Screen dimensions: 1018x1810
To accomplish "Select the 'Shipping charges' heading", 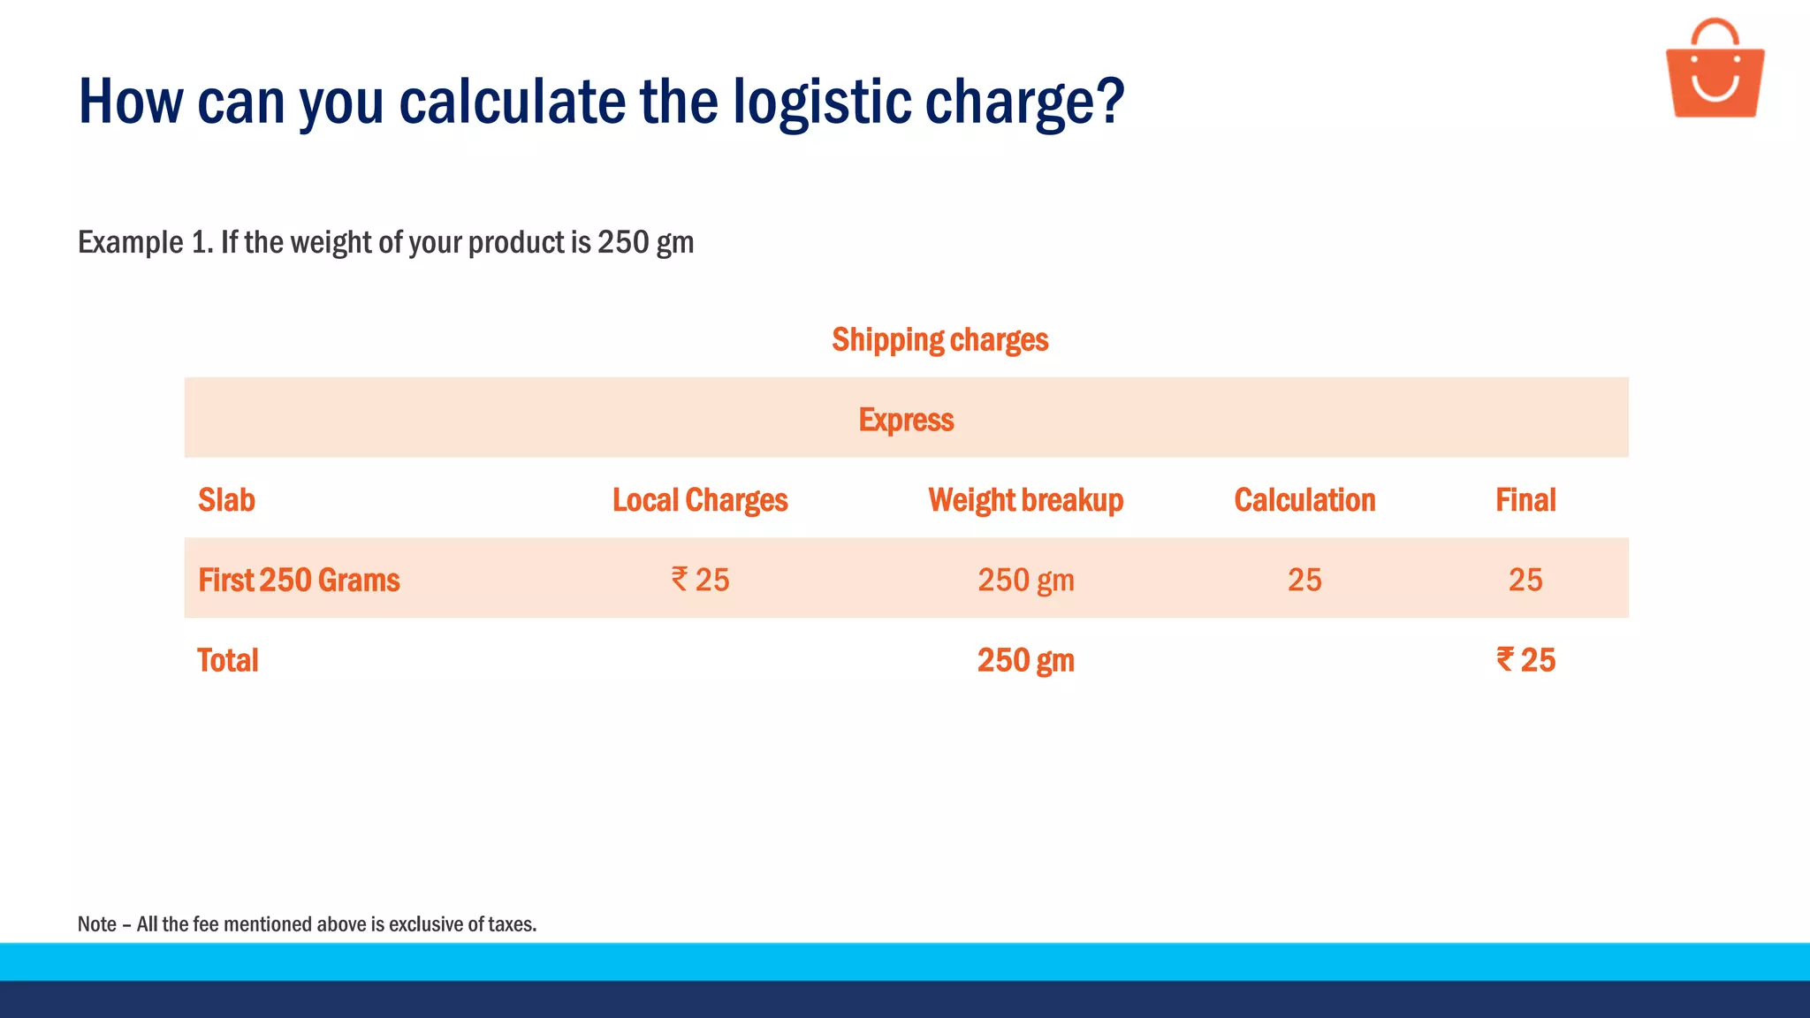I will tap(939, 340).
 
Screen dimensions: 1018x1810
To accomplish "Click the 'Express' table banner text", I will tap(906, 420).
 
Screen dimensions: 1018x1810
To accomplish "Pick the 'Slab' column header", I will tap(226, 500).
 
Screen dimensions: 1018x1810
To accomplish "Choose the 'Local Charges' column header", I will tap(700, 500).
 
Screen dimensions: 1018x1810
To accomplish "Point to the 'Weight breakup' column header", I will tap(1025, 500).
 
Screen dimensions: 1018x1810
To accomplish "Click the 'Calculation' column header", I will tap(1304, 500).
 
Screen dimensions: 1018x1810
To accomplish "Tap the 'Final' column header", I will tap(1525, 500).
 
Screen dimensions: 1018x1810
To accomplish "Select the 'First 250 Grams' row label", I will tap(299, 581).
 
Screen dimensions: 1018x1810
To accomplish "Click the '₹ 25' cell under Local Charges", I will tap(700, 581).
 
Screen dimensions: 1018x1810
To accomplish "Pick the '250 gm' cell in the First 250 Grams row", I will tap(1025, 581).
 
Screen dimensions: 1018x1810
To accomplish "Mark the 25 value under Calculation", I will tap(1304, 581).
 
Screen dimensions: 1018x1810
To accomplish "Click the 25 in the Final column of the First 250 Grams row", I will tap(1525, 581).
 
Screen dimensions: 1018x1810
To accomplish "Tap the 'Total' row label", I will tap(227, 661).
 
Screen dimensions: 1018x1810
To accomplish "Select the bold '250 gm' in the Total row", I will tap(1025, 661).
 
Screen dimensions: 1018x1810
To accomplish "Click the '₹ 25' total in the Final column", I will tap(1525, 660).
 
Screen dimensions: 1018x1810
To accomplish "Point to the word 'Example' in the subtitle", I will tap(131, 242).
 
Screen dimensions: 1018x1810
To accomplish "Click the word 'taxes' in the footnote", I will tap(513, 924).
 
